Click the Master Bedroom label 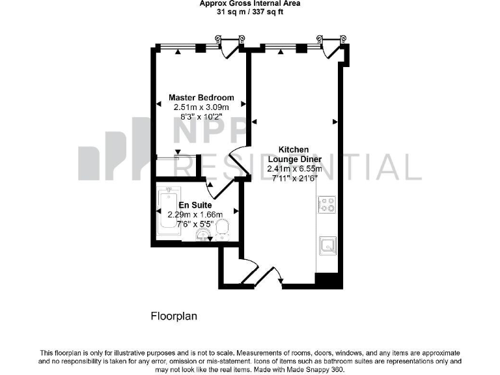[x=201, y=98]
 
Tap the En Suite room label [x=195, y=204]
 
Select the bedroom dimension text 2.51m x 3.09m [x=201, y=107]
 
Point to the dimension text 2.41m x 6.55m [x=294, y=169]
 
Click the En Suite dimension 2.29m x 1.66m [x=195, y=214]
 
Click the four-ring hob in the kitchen [x=326, y=205]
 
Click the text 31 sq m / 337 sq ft [x=250, y=12]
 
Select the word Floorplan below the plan [x=173, y=317]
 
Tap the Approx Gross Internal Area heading [x=250, y=4]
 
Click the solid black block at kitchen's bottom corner [x=328, y=280]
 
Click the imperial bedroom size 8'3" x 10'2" [x=201, y=118]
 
